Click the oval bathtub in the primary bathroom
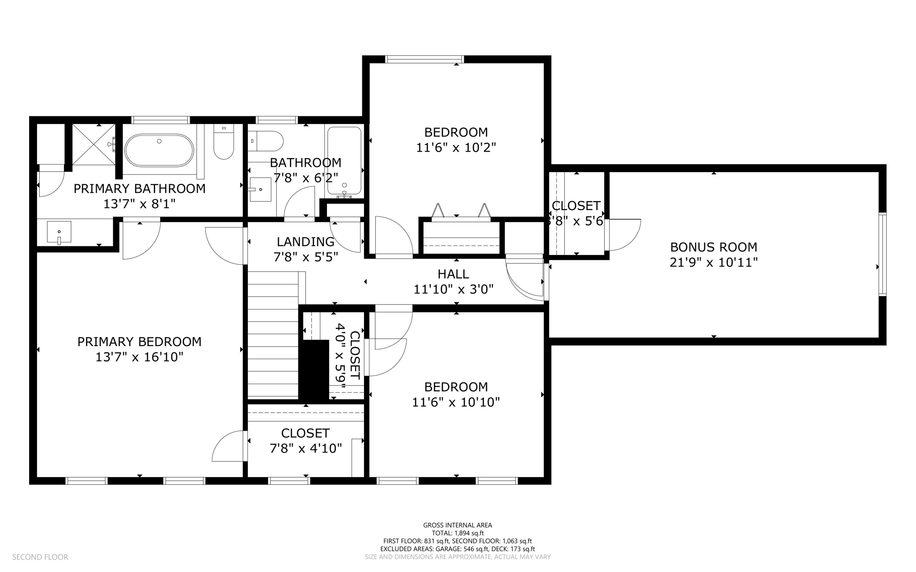pyautogui.click(x=159, y=150)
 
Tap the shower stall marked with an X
pyautogui.click(x=93, y=144)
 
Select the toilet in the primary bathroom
pyautogui.click(x=224, y=142)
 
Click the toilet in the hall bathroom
pyautogui.click(x=266, y=141)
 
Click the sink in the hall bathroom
pyautogui.click(x=260, y=190)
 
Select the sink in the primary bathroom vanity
pyautogui.click(x=59, y=232)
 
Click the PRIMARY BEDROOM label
pyautogui.click(x=139, y=342)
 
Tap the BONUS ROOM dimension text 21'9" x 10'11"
pyautogui.click(x=713, y=262)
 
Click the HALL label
pyautogui.click(x=453, y=274)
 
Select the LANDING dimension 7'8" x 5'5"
pyautogui.click(x=305, y=257)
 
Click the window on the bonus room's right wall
pyautogui.click(x=882, y=254)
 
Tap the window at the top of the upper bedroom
pyautogui.click(x=424, y=59)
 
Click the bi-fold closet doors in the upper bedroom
pyautogui.click(x=461, y=212)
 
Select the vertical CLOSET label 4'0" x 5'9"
pyautogui.click(x=348, y=356)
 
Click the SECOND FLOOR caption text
pyautogui.click(x=40, y=557)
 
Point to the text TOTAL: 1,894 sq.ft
pyautogui.click(x=457, y=533)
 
